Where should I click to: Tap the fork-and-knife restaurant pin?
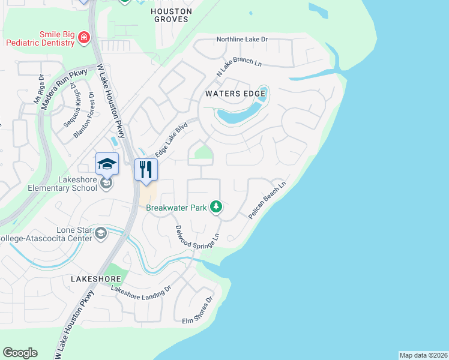pos(146,169)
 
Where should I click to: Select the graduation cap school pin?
pos(107,163)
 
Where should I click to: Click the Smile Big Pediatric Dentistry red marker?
pos(84,39)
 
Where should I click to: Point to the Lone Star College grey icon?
pos(101,232)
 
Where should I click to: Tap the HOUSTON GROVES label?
pos(171,15)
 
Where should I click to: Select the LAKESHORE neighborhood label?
pos(96,279)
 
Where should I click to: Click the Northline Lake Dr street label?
pos(242,40)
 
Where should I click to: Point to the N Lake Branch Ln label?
pos(240,62)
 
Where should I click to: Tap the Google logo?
pos(20,353)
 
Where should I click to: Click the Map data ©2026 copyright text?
pos(423,355)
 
